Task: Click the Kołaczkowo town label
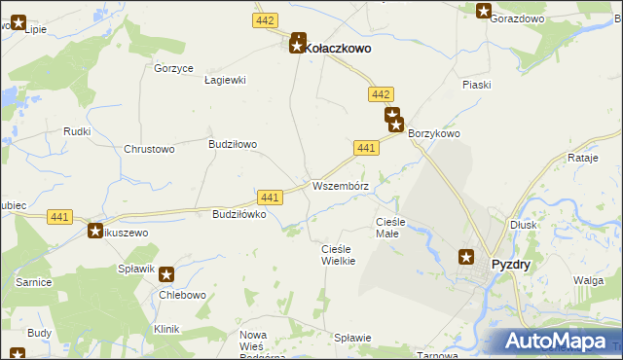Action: pos(338,46)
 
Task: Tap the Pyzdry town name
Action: pos(510,264)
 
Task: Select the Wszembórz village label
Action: pos(339,185)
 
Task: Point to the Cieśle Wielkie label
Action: pos(339,255)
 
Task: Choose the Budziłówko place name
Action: pos(233,214)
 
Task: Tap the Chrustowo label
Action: pos(149,149)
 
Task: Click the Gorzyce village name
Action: pos(174,68)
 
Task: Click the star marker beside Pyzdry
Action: pos(466,257)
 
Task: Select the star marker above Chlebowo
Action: pos(166,275)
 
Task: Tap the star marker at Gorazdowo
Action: pos(484,11)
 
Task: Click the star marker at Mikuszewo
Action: pos(95,232)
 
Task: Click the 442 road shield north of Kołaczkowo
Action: pos(265,20)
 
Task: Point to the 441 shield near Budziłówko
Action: pos(271,198)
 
